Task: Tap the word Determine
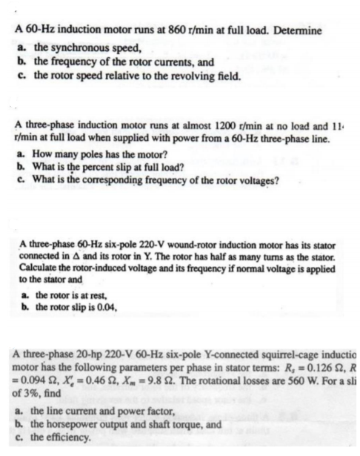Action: click(295, 33)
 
